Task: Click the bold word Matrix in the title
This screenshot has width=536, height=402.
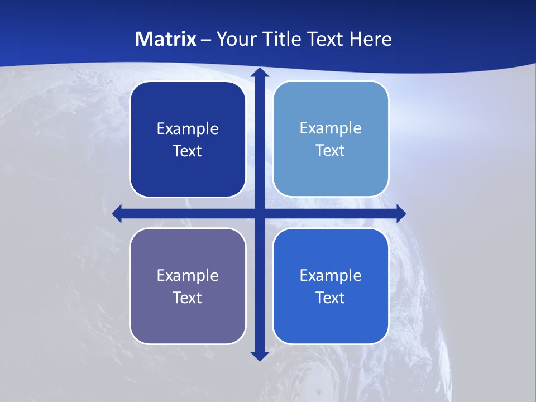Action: pos(166,39)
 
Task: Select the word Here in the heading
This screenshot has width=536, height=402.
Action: pos(371,39)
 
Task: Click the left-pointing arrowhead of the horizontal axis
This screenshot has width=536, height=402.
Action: pos(117,213)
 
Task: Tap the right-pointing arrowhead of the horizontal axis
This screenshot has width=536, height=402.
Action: pos(401,213)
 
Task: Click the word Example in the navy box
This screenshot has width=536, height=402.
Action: pos(188,129)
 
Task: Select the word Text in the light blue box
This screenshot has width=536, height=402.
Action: pos(330,151)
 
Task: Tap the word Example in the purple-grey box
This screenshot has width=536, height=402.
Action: pos(188,276)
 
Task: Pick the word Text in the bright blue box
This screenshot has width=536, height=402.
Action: pos(330,298)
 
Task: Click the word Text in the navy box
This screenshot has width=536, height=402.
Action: pos(187,151)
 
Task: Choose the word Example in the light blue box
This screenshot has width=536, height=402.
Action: pos(331,128)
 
